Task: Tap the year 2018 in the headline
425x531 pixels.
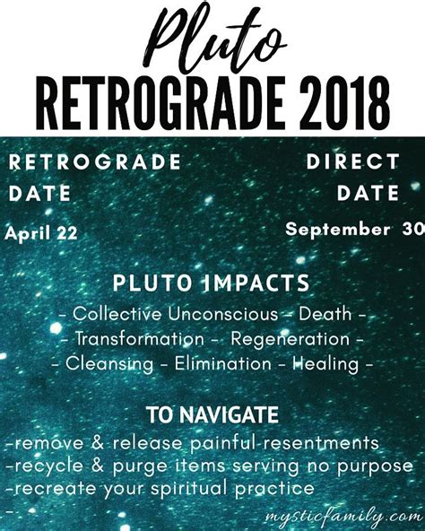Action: [344, 104]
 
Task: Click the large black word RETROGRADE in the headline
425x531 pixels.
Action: [160, 104]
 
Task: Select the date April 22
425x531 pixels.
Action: [41, 234]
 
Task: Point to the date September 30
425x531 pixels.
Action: [355, 229]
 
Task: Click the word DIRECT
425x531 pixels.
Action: [353, 161]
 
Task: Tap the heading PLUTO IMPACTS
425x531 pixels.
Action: [212, 283]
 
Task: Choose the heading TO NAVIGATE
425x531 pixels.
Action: [212, 414]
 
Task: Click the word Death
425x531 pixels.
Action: [325, 314]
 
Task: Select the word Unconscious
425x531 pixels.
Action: [223, 314]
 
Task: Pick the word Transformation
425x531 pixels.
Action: [140, 339]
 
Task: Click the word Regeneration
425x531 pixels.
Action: [290, 340]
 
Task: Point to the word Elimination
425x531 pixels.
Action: [223, 363]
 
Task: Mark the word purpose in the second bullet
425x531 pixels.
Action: [375, 467]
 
